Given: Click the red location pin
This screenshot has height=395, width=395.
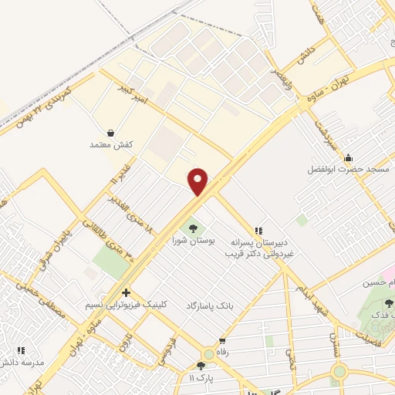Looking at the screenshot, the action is click(x=198, y=181).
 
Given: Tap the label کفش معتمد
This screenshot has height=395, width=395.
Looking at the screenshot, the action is click(x=112, y=144).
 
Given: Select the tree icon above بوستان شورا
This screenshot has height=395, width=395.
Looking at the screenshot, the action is click(x=192, y=228).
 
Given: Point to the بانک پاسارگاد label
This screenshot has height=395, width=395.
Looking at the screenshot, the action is click(x=208, y=306).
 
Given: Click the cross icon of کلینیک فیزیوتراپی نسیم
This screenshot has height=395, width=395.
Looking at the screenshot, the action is click(x=126, y=292).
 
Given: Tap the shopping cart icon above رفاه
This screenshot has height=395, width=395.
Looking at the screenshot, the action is click(x=223, y=340).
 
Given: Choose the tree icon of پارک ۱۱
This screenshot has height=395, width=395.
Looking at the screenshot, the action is click(x=201, y=366).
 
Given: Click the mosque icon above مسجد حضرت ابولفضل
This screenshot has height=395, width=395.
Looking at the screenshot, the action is click(x=348, y=155).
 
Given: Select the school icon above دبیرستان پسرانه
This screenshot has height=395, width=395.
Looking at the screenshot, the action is click(x=259, y=230).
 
